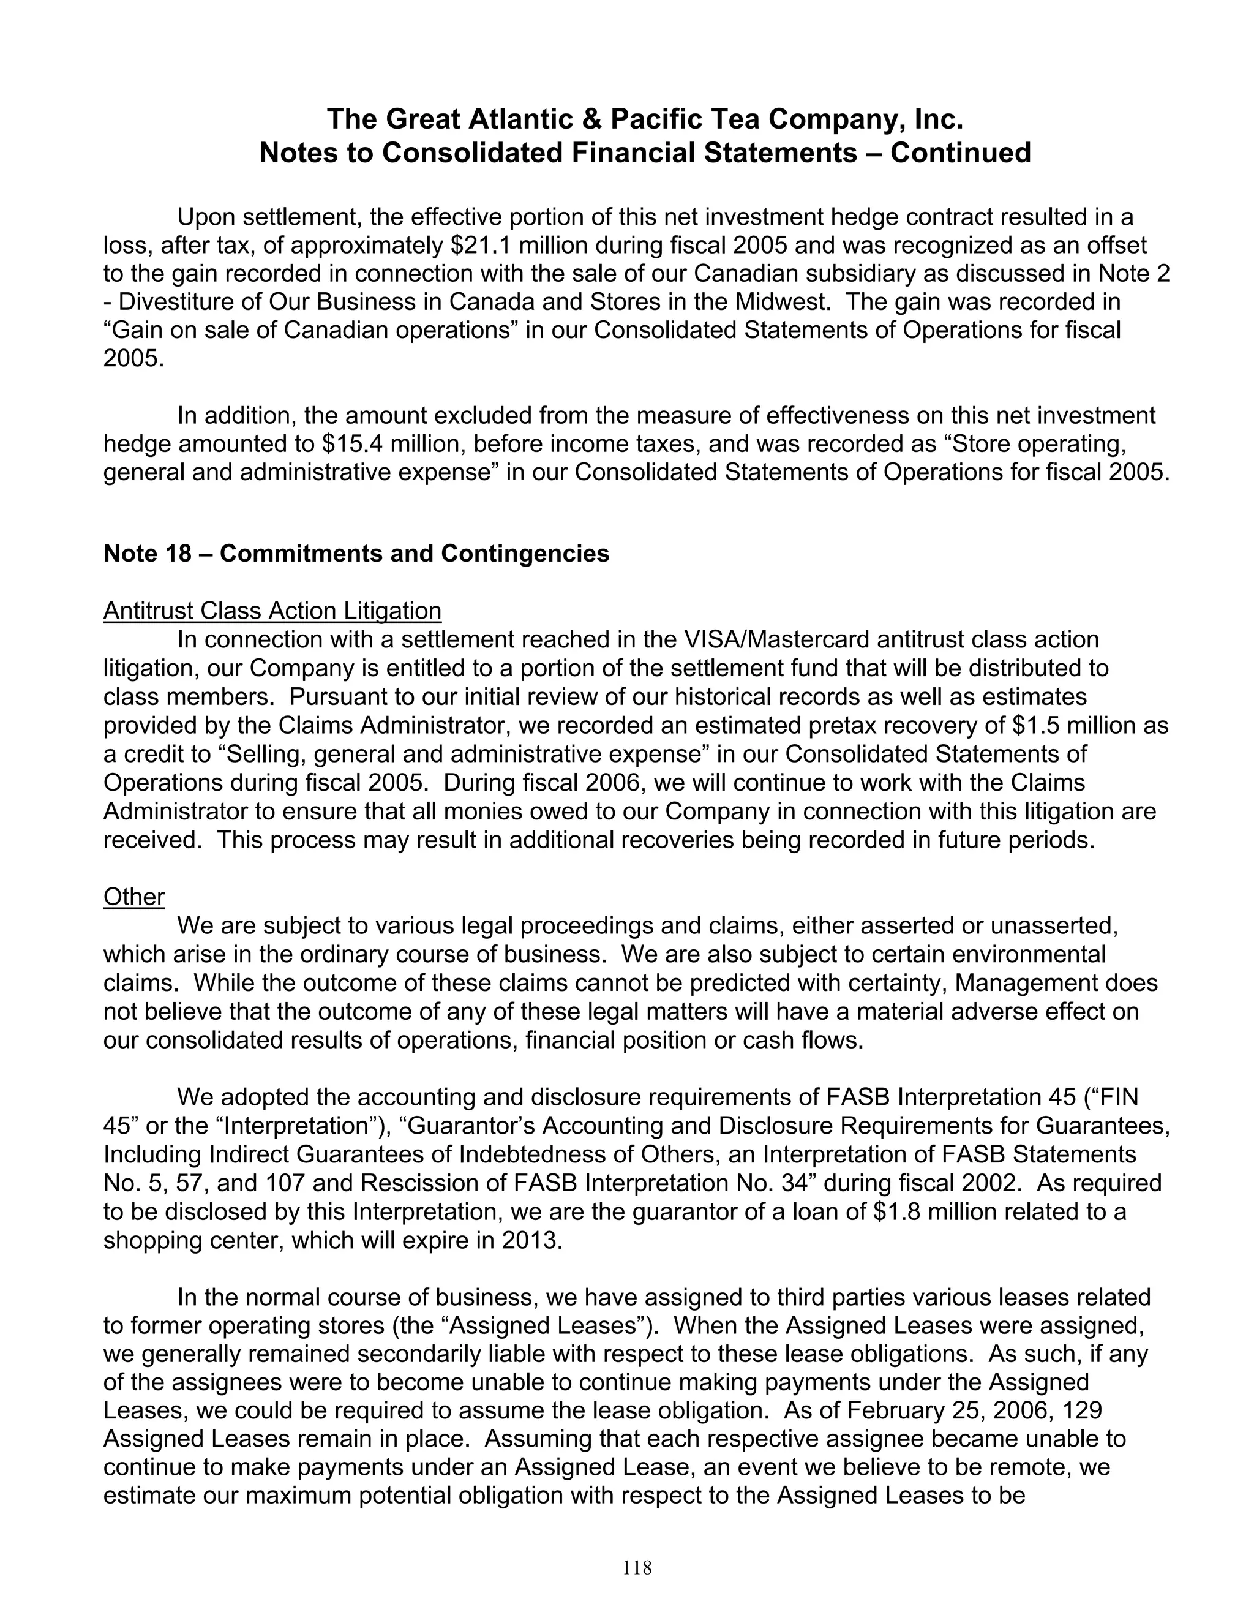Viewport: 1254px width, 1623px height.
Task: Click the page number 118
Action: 637,1568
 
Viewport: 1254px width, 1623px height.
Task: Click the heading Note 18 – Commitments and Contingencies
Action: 356,553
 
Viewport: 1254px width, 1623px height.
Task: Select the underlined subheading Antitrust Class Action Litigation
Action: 272,611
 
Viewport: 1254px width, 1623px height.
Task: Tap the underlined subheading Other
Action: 133,897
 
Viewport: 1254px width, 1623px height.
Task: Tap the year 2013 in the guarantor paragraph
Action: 528,1240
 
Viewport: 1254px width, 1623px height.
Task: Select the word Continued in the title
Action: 961,153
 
